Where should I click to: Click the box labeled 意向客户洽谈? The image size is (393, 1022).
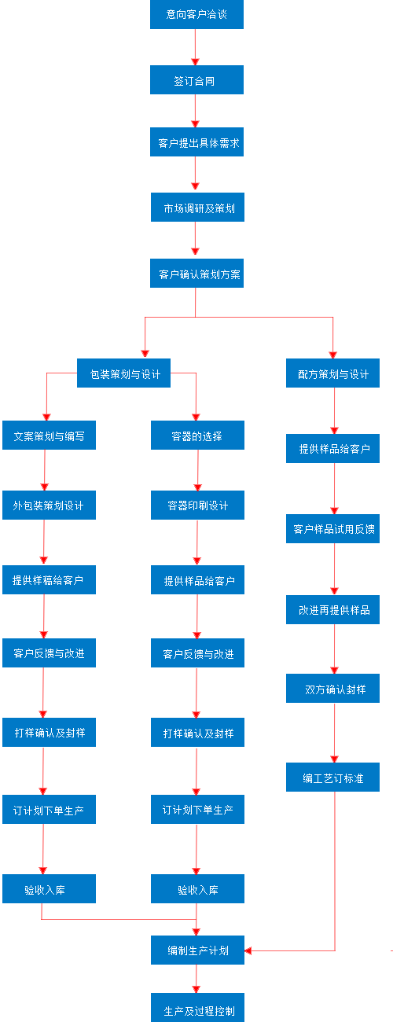click(x=196, y=14)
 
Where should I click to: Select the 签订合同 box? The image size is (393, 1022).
click(x=196, y=80)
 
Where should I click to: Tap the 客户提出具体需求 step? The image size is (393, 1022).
click(x=196, y=143)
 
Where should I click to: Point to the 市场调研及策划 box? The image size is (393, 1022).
click(x=196, y=208)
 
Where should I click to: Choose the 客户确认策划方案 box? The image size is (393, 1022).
click(x=196, y=274)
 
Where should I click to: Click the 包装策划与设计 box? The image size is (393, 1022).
click(x=124, y=374)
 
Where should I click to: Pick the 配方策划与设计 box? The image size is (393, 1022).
click(x=333, y=374)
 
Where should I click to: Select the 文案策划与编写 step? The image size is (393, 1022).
click(x=49, y=436)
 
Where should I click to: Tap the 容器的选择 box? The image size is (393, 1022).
click(x=197, y=436)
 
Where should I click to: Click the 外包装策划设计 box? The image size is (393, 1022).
click(x=49, y=505)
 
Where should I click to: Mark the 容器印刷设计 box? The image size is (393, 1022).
click(x=197, y=505)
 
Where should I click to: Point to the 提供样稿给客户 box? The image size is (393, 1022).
click(x=49, y=580)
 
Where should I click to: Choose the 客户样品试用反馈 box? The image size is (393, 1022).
click(x=334, y=529)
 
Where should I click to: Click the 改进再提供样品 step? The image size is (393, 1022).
click(x=334, y=609)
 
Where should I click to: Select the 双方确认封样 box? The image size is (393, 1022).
click(x=334, y=689)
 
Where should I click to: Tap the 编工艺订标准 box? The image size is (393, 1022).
click(x=334, y=777)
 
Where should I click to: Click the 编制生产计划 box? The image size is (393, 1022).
click(x=197, y=950)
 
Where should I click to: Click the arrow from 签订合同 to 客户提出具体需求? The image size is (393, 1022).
click(x=196, y=111)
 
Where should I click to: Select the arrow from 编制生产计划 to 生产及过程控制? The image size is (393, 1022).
click(x=196, y=979)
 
